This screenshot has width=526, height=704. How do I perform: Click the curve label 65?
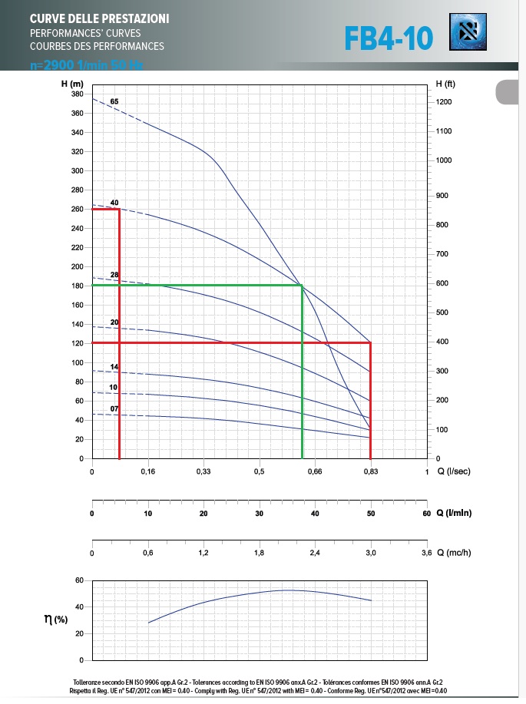pos(114,101)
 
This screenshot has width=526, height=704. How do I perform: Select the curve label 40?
pos(114,203)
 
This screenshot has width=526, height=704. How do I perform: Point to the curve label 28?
pos(114,275)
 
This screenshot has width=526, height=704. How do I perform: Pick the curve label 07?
pos(114,408)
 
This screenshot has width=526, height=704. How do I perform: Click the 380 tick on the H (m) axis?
pos(77,94)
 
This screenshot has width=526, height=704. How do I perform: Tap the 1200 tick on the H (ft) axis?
pos(443,102)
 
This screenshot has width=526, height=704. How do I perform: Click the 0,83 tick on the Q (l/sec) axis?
pos(371,471)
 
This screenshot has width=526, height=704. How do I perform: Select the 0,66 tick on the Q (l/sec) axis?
pos(315,471)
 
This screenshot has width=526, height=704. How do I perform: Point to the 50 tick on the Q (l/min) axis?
pos(371,513)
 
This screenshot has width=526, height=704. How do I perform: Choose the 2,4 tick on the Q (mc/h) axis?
pos(315,553)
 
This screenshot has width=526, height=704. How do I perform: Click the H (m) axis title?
pos(72,83)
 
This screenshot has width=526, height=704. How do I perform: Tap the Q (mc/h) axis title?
pos(453,553)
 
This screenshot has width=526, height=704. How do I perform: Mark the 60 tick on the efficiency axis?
pos(78,580)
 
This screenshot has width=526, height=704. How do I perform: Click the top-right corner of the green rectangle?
pos(302,286)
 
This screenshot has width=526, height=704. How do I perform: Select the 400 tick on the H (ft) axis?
pos(443,342)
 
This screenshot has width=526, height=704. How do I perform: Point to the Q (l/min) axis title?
pos(454,513)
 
